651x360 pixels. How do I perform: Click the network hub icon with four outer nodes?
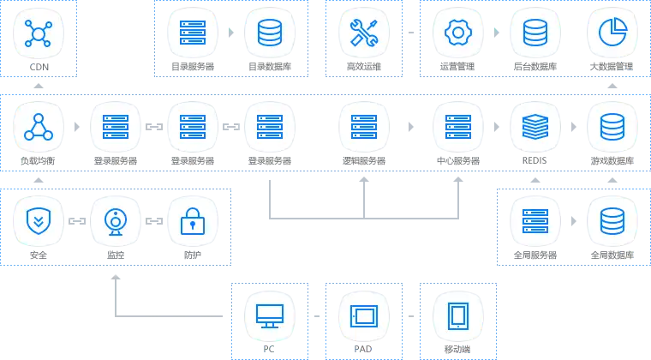(x=38, y=33)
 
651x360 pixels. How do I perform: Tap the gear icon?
(x=459, y=33)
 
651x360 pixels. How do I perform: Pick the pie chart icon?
(x=612, y=33)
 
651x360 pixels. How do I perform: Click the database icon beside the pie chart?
(x=535, y=33)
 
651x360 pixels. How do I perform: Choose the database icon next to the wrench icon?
(x=274, y=33)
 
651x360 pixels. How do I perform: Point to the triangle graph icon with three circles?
(x=38, y=127)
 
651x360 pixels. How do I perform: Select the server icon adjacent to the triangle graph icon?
(x=115, y=127)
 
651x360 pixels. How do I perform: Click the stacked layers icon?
(x=535, y=127)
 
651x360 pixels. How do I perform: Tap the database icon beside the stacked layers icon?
(x=612, y=127)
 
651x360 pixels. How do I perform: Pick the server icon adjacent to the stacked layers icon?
(x=459, y=127)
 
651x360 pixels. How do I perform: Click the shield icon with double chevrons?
(x=38, y=221)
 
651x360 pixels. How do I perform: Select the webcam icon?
(x=115, y=221)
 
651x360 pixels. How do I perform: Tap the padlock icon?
(x=193, y=221)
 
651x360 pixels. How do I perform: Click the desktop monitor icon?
(x=269, y=315)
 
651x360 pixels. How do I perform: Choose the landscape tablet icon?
(x=363, y=315)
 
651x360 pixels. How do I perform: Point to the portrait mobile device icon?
(x=458, y=315)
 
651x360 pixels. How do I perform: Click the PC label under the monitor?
(x=269, y=349)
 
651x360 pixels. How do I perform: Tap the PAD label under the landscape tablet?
(x=363, y=349)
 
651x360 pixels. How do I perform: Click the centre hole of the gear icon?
(x=459, y=33)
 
